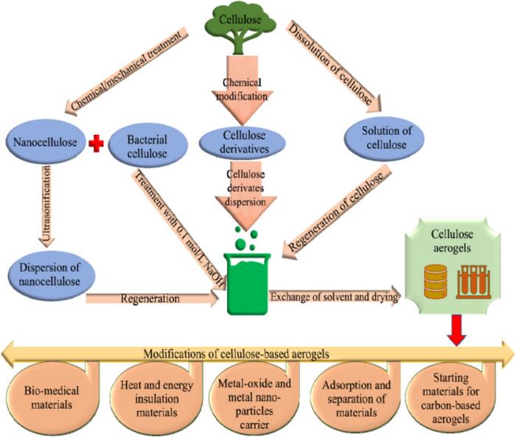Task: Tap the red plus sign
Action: (x=94, y=143)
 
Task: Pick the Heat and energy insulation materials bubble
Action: (x=152, y=391)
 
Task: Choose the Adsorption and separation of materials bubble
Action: (x=358, y=391)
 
